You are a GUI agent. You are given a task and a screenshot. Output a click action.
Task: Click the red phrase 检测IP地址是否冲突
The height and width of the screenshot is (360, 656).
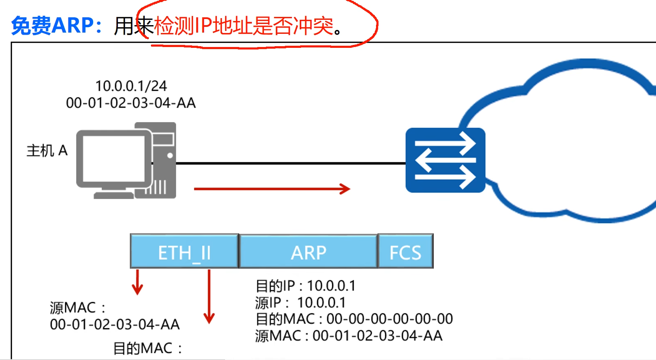[x=243, y=26]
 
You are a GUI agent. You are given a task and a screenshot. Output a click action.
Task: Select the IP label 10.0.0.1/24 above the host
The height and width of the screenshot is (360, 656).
[x=131, y=86]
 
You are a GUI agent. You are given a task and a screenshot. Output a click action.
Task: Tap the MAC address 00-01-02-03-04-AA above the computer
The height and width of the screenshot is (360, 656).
[x=131, y=103]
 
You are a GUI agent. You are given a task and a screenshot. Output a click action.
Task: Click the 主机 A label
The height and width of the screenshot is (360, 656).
[x=47, y=151]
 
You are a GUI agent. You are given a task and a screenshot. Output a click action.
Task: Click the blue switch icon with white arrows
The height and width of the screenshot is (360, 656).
[x=445, y=160]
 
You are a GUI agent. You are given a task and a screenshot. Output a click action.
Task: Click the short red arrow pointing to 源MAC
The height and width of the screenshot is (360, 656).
[x=137, y=282]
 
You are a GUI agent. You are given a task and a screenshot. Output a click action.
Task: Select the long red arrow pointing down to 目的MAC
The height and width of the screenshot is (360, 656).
[x=209, y=297]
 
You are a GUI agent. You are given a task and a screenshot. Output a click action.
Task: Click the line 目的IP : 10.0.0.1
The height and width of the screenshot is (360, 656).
[x=305, y=285]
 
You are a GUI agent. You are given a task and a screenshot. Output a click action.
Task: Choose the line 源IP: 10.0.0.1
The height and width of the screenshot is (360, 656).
[x=300, y=302]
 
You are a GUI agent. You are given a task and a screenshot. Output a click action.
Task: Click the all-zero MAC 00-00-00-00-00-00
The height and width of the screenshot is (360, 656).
[x=389, y=319]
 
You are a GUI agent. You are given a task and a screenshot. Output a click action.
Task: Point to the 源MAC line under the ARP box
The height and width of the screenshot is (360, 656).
[x=348, y=336]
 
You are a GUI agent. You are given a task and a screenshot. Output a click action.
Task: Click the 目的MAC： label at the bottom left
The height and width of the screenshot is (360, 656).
[x=148, y=348]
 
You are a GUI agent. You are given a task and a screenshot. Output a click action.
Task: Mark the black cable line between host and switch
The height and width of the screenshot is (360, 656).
[x=289, y=163]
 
